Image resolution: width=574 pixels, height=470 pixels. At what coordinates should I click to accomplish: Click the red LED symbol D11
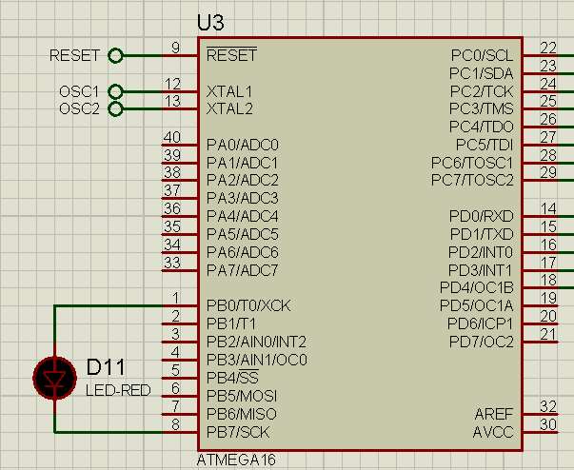54,378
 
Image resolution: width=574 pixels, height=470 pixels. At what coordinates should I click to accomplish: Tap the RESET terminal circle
116,56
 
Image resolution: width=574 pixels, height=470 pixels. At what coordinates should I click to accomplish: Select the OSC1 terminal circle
116,91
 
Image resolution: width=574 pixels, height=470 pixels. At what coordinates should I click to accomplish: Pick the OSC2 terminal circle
116,108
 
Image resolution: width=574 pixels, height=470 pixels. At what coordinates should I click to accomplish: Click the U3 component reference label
210,22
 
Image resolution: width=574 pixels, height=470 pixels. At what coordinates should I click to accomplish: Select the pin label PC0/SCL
481,55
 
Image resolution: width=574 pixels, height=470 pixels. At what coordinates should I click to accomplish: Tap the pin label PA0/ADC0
242,145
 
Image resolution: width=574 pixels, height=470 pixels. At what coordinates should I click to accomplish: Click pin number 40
172,137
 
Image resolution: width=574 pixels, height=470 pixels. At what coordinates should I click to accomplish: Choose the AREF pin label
493,414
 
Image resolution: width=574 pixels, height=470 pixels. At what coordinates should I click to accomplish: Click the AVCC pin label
493,432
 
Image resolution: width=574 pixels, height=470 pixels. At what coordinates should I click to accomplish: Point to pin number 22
548,48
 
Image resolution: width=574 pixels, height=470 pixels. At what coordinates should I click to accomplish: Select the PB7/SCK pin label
238,432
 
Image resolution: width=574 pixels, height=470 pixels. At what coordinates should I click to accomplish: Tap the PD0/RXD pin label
481,216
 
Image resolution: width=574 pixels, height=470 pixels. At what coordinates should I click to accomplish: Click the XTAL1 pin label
229,91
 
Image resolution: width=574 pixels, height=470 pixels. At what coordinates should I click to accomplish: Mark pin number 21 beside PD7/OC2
548,334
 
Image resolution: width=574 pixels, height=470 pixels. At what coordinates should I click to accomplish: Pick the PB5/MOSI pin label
242,396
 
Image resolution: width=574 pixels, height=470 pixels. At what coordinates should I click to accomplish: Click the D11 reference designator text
106,367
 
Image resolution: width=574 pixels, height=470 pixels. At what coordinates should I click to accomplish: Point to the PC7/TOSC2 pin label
472,180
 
